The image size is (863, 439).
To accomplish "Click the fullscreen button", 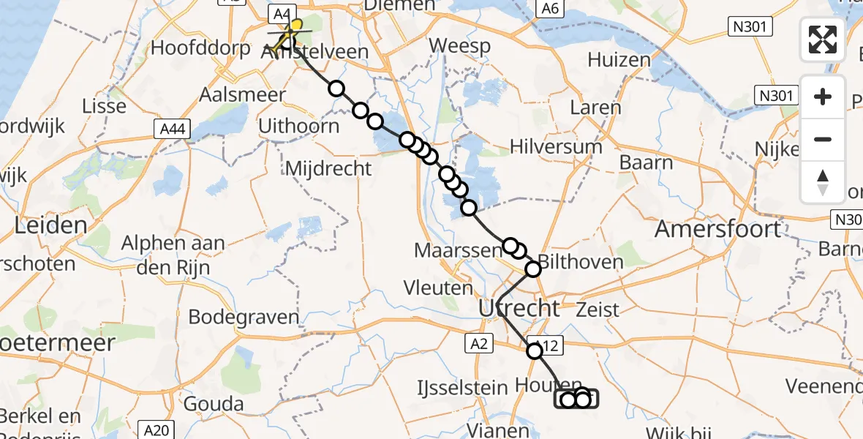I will [x=823, y=40].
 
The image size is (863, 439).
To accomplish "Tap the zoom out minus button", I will [x=823, y=139].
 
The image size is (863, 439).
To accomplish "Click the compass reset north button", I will [x=823, y=182].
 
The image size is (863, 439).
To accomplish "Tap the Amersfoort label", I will [x=717, y=229].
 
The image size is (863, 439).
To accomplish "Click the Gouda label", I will [x=215, y=404].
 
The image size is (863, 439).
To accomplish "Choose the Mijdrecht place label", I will [x=328, y=169].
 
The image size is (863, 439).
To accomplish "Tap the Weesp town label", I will [x=459, y=45].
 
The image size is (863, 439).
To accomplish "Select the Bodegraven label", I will [x=244, y=318].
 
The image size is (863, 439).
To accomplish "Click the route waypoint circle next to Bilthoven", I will [x=533, y=269].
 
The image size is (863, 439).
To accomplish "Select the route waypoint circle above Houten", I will [x=535, y=351].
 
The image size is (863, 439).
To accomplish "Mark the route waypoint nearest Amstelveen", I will [x=336, y=89].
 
